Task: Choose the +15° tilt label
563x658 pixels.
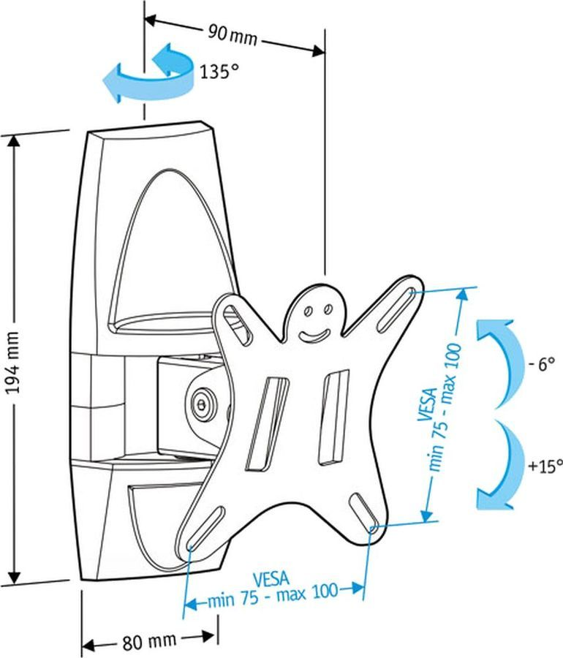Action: tap(545, 464)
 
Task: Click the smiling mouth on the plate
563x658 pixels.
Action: tap(314, 335)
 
